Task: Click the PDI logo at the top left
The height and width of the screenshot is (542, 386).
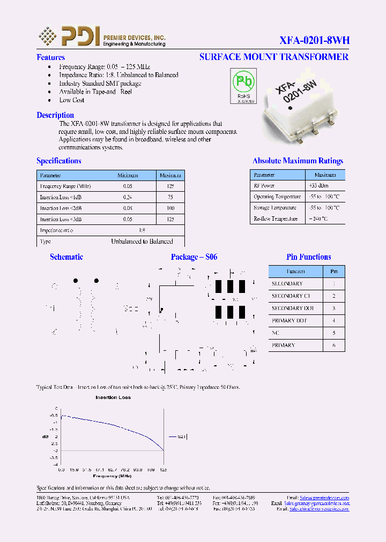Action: pos(69,36)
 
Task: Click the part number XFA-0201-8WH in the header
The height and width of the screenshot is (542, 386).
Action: pos(314,40)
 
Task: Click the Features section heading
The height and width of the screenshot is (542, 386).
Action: pos(50,57)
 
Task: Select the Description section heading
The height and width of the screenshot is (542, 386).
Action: pos(55,115)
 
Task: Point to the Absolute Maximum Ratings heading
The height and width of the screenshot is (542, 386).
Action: pos(298,161)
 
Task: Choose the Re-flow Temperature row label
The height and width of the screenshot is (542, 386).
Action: pos(276,219)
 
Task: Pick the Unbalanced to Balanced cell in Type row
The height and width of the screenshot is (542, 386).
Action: pos(142,242)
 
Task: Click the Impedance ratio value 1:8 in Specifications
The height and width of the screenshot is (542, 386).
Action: pos(142,230)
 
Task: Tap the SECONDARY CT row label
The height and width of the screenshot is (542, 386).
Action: pos(291,296)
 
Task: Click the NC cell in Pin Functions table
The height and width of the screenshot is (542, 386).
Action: pos(276,333)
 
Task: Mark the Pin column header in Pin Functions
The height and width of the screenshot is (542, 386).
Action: pos(333,272)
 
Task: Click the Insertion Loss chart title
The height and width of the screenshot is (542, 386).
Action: pos(113,397)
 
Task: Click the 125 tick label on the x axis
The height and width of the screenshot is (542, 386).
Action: pos(163,470)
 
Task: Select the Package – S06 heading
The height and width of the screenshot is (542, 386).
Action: pos(194,257)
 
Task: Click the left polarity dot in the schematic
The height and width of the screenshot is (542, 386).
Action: pos(76,281)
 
